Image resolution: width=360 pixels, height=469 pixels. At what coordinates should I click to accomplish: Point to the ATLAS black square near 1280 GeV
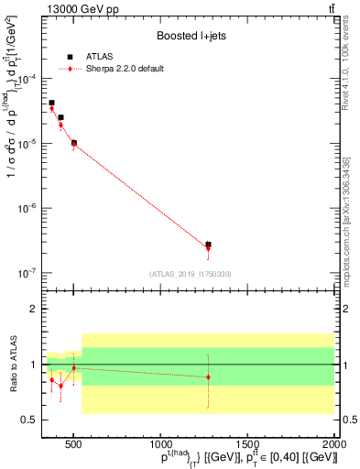(208, 245)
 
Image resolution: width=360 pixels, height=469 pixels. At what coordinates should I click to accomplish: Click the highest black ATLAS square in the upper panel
(51, 103)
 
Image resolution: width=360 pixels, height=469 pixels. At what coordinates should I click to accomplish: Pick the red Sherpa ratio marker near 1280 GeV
(208, 377)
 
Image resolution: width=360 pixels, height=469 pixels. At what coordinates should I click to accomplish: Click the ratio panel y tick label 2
(32, 309)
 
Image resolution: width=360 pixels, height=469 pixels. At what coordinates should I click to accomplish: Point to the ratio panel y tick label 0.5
(28, 420)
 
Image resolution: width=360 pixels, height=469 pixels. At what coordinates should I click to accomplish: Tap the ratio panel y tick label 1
(32, 365)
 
